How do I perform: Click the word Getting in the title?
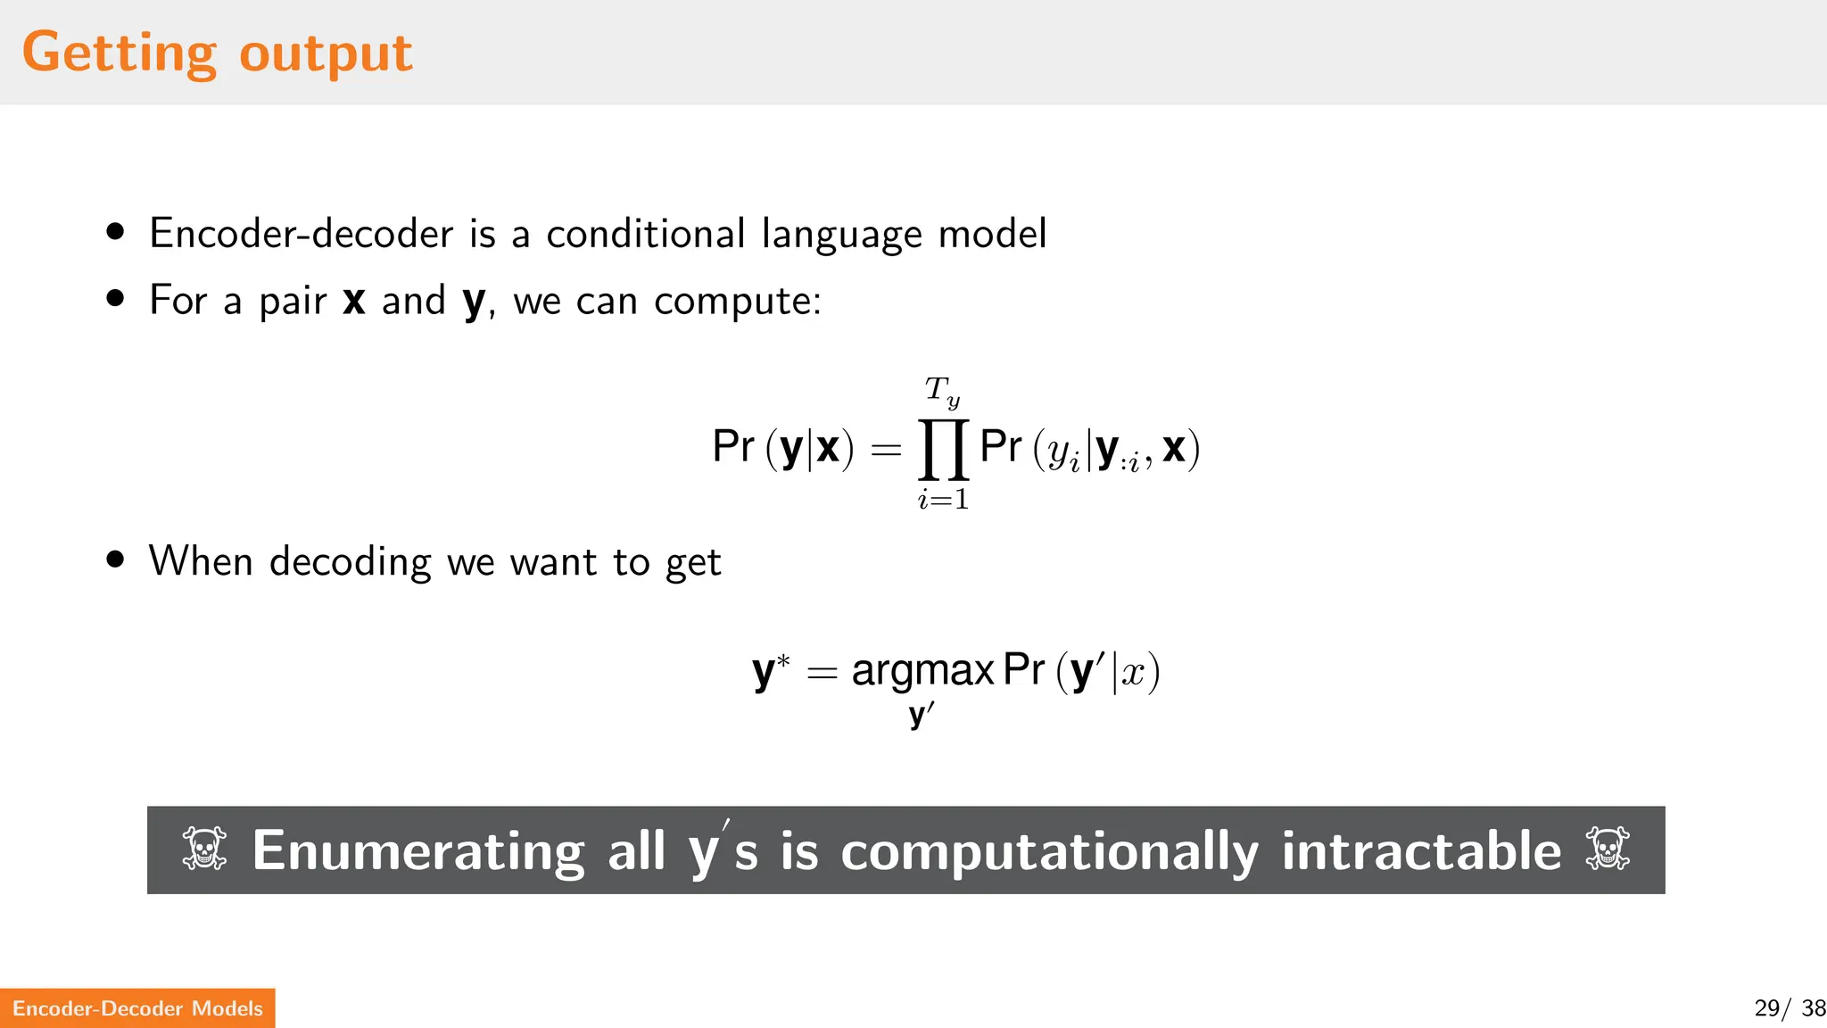pos(119,53)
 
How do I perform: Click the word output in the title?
pos(326,53)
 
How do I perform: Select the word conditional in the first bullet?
pos(645,234)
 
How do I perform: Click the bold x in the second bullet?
pos(354,301)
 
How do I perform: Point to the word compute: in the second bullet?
pos(737,301)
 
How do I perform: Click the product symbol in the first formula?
pos(944,449)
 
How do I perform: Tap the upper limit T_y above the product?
pos(942,391)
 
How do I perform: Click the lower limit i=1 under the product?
pos(943,499)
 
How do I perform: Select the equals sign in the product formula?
pos(886,450)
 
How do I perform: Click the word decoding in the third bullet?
pos(351,562)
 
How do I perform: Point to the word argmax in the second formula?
pos(922,670)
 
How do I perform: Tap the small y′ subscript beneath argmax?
pos(922,715)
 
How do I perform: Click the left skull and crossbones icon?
pos(204,849)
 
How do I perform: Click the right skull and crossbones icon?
pos(1608,849)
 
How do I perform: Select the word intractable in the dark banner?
pos(1421,850)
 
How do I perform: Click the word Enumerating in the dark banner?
pos(418,850)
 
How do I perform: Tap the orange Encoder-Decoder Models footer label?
pos(137,1008)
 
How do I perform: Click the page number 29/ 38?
pos(1789,1008)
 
